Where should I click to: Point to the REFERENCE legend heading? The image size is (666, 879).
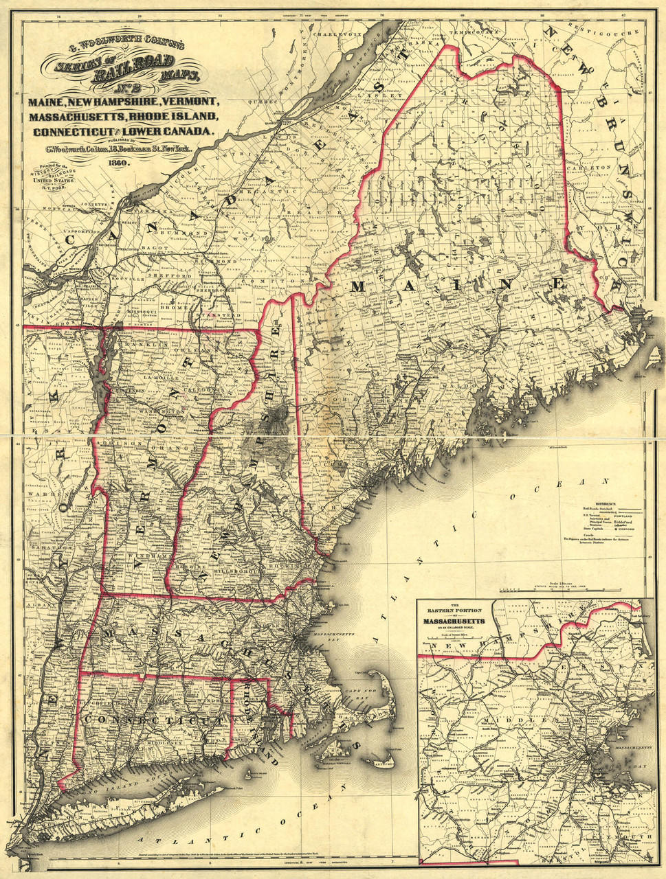coord(596,503)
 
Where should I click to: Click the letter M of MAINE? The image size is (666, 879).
coord(357,286)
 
